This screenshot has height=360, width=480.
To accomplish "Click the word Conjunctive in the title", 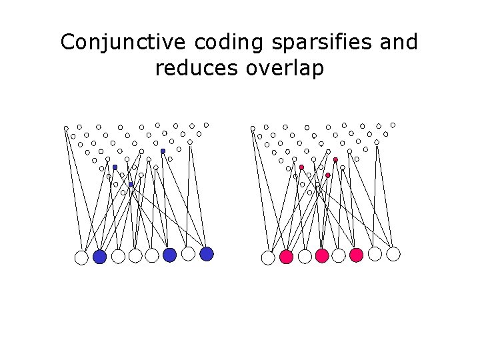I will [124, 42].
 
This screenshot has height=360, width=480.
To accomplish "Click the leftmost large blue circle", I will [100, 257].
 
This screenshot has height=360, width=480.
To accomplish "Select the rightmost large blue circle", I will [207, 253].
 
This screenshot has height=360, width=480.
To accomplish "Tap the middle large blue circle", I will [169, 255].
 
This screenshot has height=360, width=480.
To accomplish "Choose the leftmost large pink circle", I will [287, 257].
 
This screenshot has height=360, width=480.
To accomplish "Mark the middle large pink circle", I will [322, 255].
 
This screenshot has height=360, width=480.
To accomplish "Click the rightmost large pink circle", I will [356, 255].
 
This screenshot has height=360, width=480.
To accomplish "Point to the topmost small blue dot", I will [163, 151].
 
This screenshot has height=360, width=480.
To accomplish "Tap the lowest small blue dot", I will [131, 184].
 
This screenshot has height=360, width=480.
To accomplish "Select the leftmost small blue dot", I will [115, 167].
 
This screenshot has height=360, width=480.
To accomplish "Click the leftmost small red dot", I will [301, 167].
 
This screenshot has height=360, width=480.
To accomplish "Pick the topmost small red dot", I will [335, 160].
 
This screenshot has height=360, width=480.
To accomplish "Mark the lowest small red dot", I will [328, 175].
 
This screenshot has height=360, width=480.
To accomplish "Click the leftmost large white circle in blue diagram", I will [81, 257].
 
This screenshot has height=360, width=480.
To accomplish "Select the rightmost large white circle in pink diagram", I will [393, 253].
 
